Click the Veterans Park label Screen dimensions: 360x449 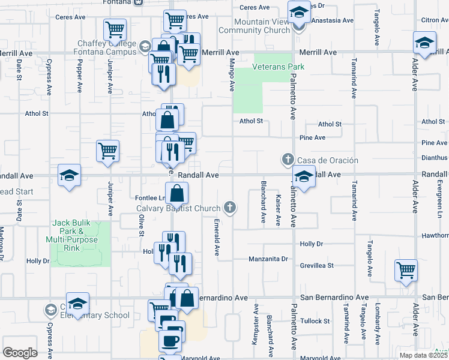[x=279, y=67]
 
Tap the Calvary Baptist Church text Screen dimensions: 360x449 [x=178, y=209]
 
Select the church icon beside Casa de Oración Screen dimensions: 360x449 [x=288, y=160]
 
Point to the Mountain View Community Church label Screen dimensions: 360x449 [x=254, y=26]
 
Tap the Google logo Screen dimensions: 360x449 [x=20, y=353]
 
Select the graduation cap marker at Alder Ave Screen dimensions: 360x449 [x=424, y=43]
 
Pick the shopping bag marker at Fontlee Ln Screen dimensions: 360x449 [x=177, y=193]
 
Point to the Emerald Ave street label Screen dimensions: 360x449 [x=216, y=236]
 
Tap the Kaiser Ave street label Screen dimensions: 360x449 [x=278, y=210]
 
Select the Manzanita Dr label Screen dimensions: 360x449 [x=269, y=259]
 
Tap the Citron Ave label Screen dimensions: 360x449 [x=434, y=20]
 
